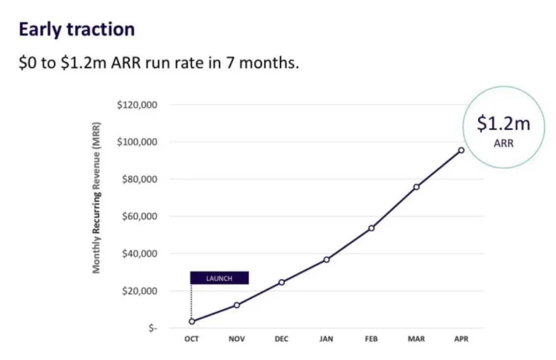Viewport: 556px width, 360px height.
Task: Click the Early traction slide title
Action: coord(77,30)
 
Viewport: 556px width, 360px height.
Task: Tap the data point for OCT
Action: coord(192,321)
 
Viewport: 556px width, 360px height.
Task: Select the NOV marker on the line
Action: coord(236,305)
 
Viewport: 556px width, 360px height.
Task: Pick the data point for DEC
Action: coord(282,282)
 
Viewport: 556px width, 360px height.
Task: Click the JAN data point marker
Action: coord(326,259)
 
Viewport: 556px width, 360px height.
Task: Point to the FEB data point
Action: coord(372,228)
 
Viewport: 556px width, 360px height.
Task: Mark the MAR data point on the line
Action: coord(416,187)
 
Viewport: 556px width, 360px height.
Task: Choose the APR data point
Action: coord(461,150)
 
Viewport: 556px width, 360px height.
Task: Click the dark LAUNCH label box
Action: coord(219,278)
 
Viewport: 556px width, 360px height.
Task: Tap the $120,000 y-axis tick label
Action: coord(137,105)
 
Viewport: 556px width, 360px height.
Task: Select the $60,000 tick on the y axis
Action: coord(139,216)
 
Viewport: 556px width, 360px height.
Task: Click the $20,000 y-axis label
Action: coord(139,291)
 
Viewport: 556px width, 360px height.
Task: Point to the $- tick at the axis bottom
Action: coord(153,328)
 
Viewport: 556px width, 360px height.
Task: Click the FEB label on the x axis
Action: coord(372,339)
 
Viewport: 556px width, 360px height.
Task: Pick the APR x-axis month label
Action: coord(461,339)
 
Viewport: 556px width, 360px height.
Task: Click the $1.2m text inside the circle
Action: coord(504,123)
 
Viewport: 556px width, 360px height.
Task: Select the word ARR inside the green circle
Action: coord(504,144)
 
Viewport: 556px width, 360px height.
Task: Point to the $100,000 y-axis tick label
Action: coord(137,142)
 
